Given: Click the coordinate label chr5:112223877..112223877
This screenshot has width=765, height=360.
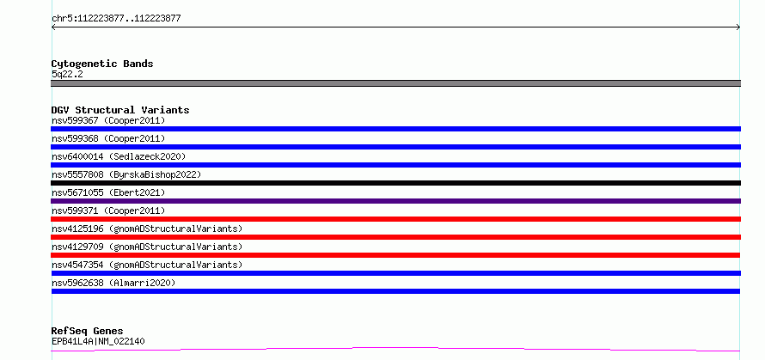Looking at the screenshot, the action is click(116, 19).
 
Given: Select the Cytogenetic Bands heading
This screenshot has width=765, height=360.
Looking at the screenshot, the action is click(102, 64).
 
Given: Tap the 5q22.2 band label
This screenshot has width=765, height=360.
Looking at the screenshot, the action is click(67, 75).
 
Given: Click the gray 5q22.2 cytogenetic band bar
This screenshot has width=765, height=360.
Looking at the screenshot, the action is click(395, 83).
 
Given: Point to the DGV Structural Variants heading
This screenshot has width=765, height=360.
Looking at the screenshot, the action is click(120, 110).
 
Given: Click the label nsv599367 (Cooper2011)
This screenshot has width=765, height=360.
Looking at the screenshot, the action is click(108, 120).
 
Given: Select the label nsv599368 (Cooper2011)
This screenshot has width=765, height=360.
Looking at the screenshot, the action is click(108, 138).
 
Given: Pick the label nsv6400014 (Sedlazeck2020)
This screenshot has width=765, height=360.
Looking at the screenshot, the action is click(119, 156).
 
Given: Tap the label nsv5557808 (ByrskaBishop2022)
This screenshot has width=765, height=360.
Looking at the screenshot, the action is click(126, 174).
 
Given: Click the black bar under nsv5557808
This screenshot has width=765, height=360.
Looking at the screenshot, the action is click(395, 183).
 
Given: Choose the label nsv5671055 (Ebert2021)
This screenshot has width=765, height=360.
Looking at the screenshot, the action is click(108, 192).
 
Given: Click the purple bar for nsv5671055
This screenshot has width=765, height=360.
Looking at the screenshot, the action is click(395, 201).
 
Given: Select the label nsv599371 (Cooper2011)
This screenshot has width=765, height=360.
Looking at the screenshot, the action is click(108, 211).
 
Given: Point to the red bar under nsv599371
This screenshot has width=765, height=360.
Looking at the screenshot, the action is click(395, 219).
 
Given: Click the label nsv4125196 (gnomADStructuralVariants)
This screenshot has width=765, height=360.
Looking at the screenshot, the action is click(147, 229).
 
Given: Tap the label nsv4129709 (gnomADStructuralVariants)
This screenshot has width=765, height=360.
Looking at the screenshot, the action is click(147, 247).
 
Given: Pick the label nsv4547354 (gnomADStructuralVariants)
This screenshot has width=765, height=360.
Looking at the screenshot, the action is click(147, 265).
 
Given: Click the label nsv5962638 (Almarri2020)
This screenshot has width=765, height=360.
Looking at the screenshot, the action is click(113, 283).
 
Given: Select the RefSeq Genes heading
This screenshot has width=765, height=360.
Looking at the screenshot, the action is click(87, 332).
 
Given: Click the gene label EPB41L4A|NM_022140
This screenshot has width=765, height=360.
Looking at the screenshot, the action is click(98, 341).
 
